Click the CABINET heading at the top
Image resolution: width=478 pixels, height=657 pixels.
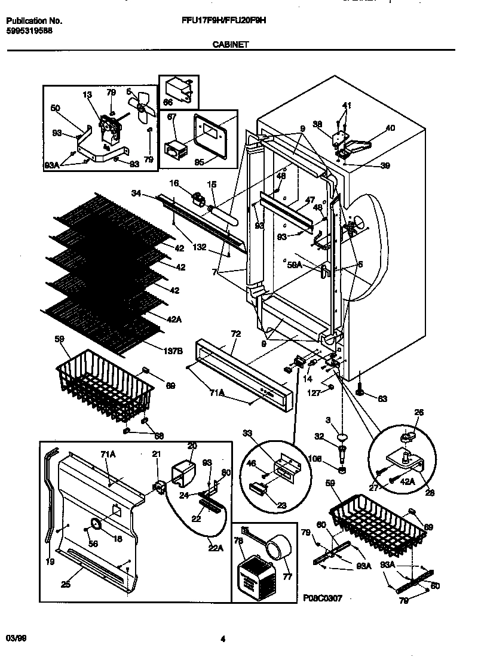(x=230, y=44)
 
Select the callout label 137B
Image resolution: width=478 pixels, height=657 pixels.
(x=173, y=352)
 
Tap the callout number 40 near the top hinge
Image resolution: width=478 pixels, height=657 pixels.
(x=390, y=127)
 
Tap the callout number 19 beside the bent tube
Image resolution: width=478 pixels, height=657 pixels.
(x=51, y=562)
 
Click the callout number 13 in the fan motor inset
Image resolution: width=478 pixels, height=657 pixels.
(x=88, y=94)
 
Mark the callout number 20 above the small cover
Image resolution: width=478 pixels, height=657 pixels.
(x=192, y=446)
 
